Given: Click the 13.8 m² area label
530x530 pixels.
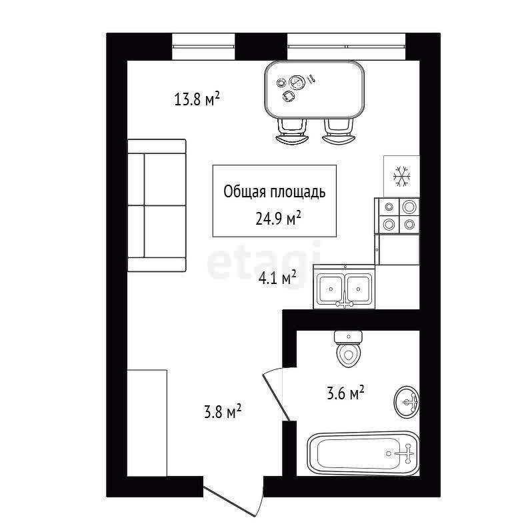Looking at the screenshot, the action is click(197, 99).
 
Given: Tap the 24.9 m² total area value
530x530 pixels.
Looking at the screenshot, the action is click(278, 218).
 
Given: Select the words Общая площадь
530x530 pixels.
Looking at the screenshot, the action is click(275, 191).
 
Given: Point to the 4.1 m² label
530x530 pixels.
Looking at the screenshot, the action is click(277, 278).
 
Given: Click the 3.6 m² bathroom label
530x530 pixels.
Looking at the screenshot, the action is click(345, 393).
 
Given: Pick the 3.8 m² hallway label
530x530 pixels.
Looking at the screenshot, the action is click(223, 412).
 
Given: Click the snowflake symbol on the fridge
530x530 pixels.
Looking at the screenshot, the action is click(402, 176).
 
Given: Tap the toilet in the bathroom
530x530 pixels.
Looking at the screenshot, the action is click(349, 349).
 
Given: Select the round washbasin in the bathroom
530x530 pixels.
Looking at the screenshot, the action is click(407, 402).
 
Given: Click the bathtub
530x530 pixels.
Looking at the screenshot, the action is click(363, 453).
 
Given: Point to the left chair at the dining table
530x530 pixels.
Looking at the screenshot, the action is click(293, 132).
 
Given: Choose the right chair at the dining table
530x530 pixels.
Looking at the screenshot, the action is click(339, 131).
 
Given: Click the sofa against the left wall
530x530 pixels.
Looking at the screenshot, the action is click(157, 205).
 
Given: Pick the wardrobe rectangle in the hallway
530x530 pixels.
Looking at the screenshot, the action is click(147, 423).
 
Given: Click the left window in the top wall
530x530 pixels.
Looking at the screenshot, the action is click(203, 47).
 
